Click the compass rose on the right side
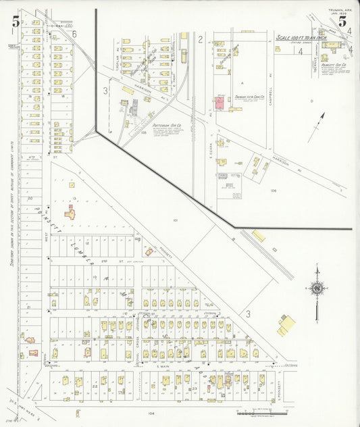(316, 288)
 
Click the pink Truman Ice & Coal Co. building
(220, 103)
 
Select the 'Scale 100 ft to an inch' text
(301, 38)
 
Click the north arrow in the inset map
(317, 126)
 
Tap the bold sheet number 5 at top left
(15, 22)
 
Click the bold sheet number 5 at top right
(342, 21)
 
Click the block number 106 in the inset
(274, 191)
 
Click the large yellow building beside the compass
(286, 324)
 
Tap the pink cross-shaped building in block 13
(70, 213)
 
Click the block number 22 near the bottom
(96, 385)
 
